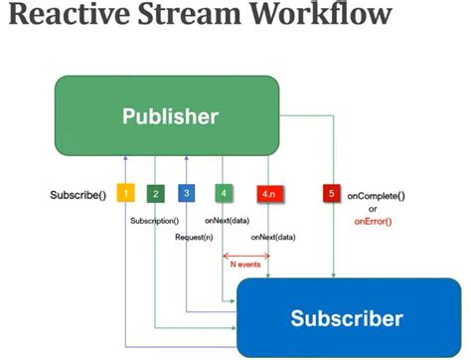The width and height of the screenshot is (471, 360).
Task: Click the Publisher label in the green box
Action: click(x=170, y=116)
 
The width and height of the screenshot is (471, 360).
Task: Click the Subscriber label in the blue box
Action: click(x=347, y=318)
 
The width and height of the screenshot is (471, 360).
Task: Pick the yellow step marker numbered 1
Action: click(x=126, y=193)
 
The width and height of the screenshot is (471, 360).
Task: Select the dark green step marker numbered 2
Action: click(x=155, y=193)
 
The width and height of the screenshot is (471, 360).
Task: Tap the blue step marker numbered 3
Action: click(x=187, y=193)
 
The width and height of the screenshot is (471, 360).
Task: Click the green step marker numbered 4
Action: click(x=224, y=193)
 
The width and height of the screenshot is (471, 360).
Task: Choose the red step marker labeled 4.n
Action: click(x=269, y=193)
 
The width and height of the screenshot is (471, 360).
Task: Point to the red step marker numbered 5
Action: click(x=332, y=193)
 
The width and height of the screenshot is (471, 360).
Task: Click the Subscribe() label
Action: click(x=78, y=194)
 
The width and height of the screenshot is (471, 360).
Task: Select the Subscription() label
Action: click(x=154, y=220)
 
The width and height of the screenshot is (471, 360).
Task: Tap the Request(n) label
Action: click(x=194, y=238)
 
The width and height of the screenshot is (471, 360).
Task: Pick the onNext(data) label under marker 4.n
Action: click(x=273, y=238)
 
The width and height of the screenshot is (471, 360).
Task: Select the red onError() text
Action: click(x=374, y=222)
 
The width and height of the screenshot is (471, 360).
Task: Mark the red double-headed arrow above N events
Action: click(x=246, y=255)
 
